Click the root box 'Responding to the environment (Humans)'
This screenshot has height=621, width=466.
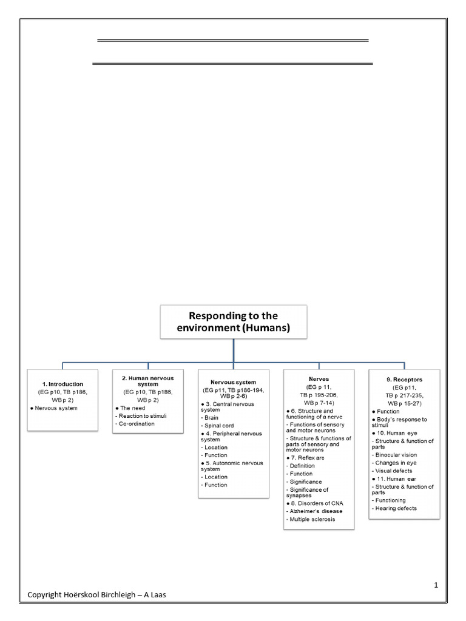coord(234,322)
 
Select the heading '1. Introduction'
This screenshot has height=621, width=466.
coord(62,384)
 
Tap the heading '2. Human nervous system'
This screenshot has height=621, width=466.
coord(147,381)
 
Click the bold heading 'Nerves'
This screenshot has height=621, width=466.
coord(319,378)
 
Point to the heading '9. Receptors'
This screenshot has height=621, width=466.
coord(404,379)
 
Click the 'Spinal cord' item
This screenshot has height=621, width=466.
coord(219,426)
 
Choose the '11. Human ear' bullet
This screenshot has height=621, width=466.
coord(394,478)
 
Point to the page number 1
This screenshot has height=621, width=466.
coord(436,585)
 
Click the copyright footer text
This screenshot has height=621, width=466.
coord(96,595)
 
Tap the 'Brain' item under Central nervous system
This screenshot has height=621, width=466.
coord(211,418)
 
